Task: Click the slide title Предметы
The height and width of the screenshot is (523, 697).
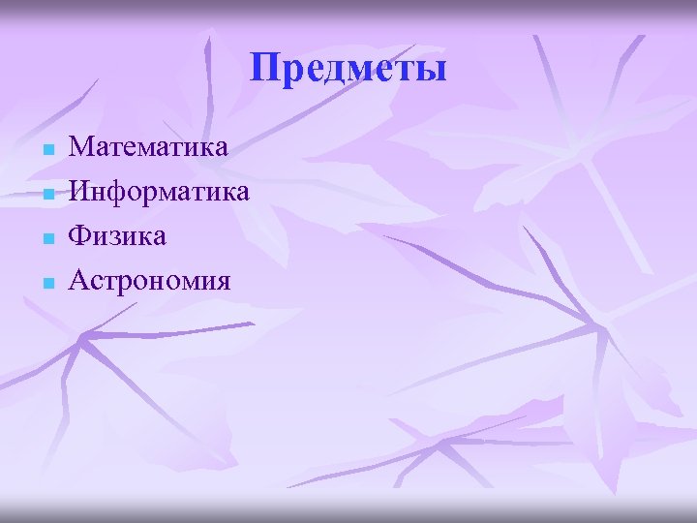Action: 348,69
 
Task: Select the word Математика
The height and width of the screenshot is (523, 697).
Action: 149,147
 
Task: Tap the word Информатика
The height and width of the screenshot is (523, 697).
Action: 160,192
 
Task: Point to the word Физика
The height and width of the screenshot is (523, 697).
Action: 118,236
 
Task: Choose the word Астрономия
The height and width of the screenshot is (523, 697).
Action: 150,281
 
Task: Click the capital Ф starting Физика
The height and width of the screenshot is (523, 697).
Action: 81,236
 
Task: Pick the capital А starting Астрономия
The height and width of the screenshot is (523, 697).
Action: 81,281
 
